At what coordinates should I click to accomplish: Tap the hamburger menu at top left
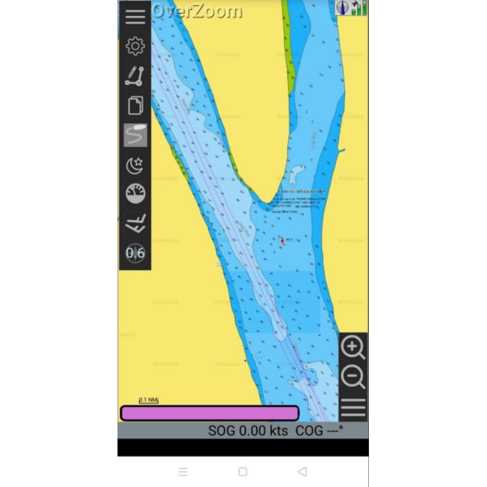coord(135,16)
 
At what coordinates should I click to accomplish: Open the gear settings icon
coord(135,46)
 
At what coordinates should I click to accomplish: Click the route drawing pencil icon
coord(135,76)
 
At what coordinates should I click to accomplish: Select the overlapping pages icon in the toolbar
coord(135,106)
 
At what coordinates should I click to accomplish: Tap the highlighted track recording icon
coord(135,135)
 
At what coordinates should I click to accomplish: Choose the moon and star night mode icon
coord(135,165)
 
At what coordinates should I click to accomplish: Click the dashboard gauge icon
coord(135,194)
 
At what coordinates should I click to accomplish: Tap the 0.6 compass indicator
coord(135,253)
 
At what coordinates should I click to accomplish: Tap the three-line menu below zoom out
coord(353,407)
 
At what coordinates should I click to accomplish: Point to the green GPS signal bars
coord(359,8)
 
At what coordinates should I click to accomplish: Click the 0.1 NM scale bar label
coord(149,400)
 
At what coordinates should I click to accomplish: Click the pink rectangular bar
coord(209,413)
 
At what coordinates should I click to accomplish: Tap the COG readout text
coord(319,431)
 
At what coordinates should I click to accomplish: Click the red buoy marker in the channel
coord(282,241)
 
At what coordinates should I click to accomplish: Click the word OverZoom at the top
coord(197,11)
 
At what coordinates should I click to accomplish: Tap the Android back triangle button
coord(302,472)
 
